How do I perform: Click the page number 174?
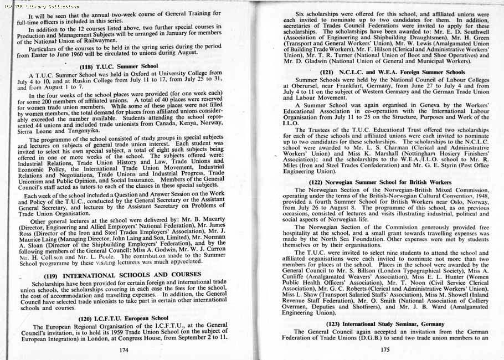[124, 349]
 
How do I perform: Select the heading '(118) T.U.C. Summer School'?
[119, 66]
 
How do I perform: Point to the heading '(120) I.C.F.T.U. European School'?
[123, 318]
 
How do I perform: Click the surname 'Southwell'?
[471, 33]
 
